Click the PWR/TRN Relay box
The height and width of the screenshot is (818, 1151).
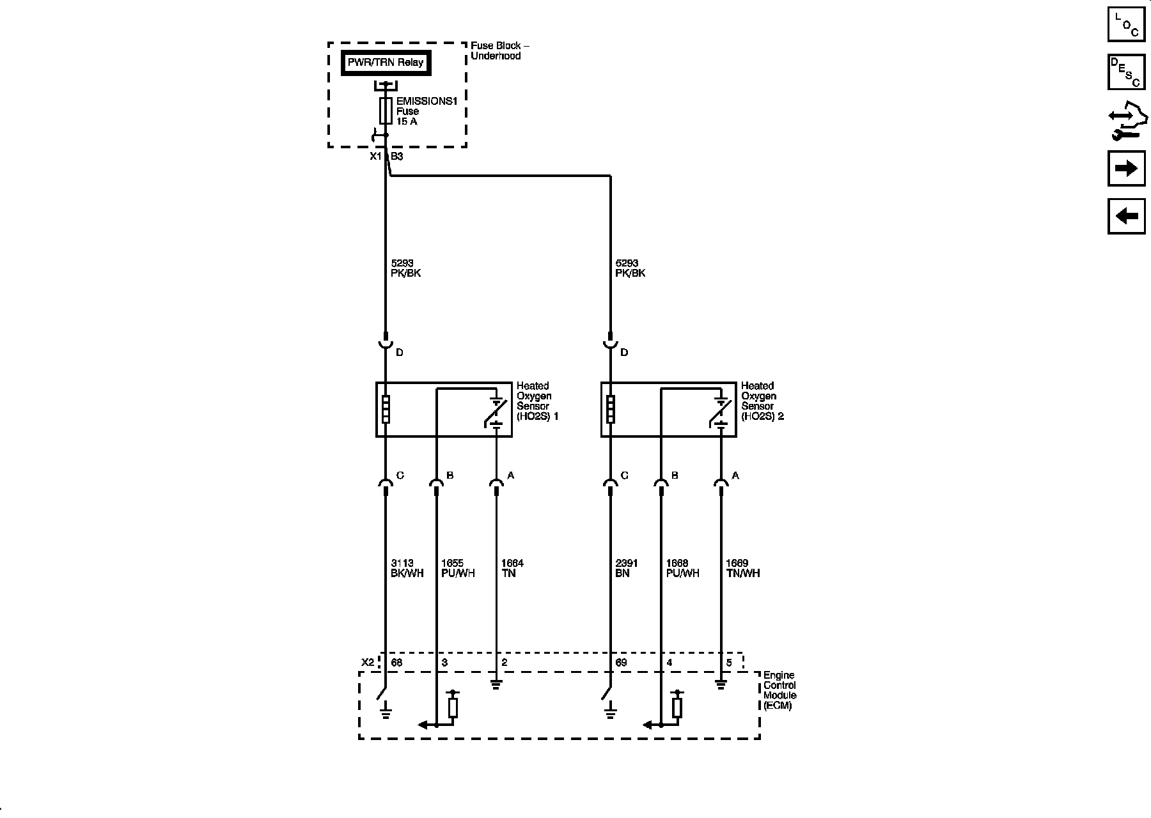coord(386,63)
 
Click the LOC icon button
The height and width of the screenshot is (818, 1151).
coord(1126,24)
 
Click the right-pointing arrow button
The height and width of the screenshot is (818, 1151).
coord(1126,169)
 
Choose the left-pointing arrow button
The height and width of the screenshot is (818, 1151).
coord(1126,216)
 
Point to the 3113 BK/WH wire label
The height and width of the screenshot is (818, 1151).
coord(407,568)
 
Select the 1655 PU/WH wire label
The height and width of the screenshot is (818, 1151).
coord(458,568)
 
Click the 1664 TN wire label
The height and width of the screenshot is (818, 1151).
coord(512,568)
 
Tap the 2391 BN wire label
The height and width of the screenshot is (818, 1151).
coord(627,568)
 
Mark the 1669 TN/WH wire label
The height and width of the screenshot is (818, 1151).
coord(742,568)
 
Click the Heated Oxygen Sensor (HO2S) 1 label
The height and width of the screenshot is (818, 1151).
coord(538,401)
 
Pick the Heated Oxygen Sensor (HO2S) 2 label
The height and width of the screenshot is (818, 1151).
coord(762,401)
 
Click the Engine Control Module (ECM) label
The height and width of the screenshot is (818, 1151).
coord(779,690)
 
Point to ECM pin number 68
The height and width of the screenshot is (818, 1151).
coord(396,663)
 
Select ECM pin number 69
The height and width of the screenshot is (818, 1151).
coord(621,663)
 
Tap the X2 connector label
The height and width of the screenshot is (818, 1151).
coord(367,663)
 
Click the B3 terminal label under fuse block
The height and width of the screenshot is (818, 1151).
coord(397,157)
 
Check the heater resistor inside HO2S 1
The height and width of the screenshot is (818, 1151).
coord(386,409)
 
